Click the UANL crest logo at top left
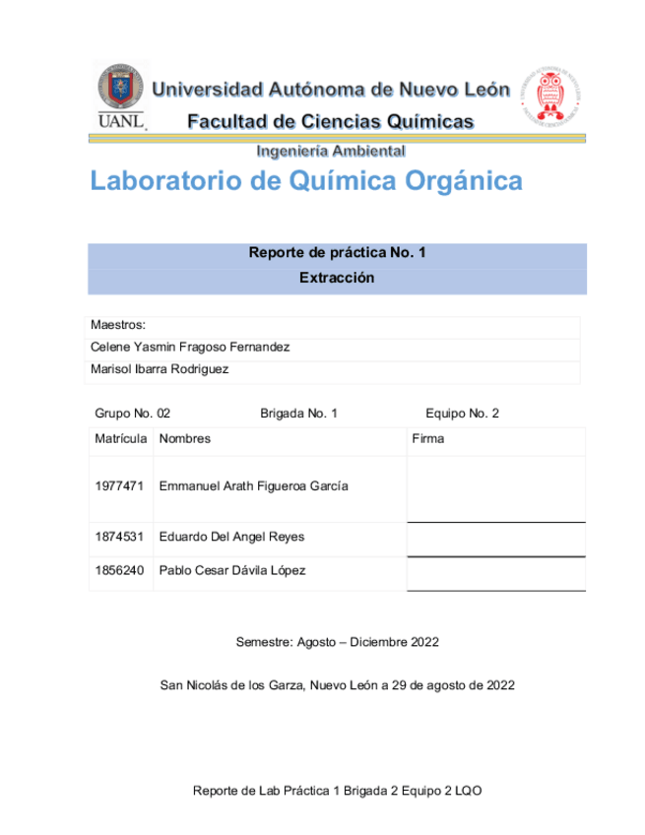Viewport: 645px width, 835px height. coord(120,95)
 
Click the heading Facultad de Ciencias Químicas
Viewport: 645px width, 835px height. coord(330,122)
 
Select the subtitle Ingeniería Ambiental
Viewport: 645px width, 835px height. coord(330,152)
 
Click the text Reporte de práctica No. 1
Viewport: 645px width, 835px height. coord(337,253)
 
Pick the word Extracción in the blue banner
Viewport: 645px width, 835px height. coord(337,278)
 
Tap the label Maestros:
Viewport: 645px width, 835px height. coord(118,324)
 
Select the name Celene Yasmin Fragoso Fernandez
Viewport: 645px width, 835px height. coord(190,347)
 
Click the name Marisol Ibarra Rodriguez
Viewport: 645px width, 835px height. coord(160,369)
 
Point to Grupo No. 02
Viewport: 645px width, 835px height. coord(132,414)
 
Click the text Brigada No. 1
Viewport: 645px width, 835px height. coord(298,414)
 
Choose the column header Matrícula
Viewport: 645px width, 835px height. coord(120,438)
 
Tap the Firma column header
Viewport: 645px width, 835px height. coord(427,438)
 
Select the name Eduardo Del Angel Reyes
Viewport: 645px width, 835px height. coord(231,537)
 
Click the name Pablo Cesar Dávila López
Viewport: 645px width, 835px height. coord(232,570)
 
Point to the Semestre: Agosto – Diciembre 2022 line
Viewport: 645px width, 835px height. coord(337,642)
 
